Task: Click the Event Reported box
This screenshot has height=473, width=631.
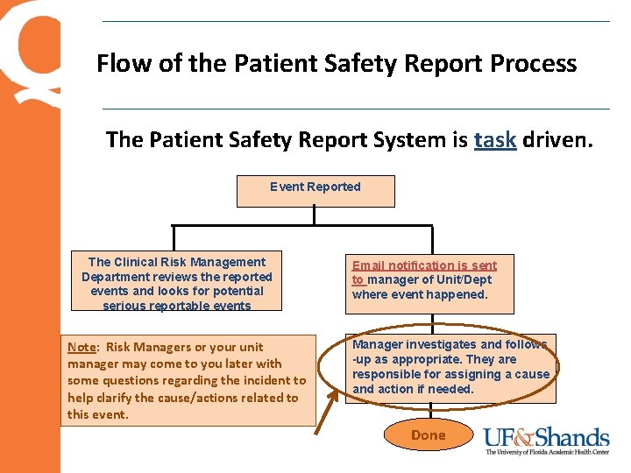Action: point(315,190)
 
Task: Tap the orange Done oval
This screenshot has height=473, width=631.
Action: point(428,435)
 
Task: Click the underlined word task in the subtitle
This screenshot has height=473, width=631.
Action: point(494,139)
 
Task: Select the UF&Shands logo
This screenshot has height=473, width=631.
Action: point(547,437)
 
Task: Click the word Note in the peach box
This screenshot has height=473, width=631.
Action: point(82,347)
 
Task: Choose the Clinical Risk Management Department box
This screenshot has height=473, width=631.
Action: point(176,283)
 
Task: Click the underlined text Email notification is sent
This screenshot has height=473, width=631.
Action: point(424,265)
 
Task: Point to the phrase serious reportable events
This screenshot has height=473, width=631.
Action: point(176,306)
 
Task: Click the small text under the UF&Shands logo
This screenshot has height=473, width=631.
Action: point(547,452)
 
